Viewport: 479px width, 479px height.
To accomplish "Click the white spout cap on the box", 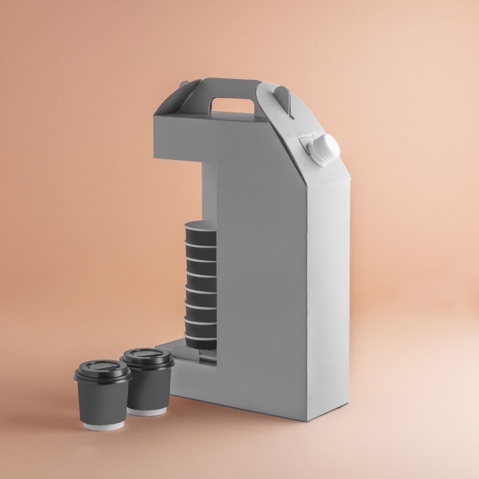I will coord(326,149).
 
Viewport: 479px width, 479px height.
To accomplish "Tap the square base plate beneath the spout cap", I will coord(307,144).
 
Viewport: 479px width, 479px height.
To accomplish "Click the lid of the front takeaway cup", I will coord(102,371).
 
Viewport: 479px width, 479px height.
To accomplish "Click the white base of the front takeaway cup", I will coord(103,425).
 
